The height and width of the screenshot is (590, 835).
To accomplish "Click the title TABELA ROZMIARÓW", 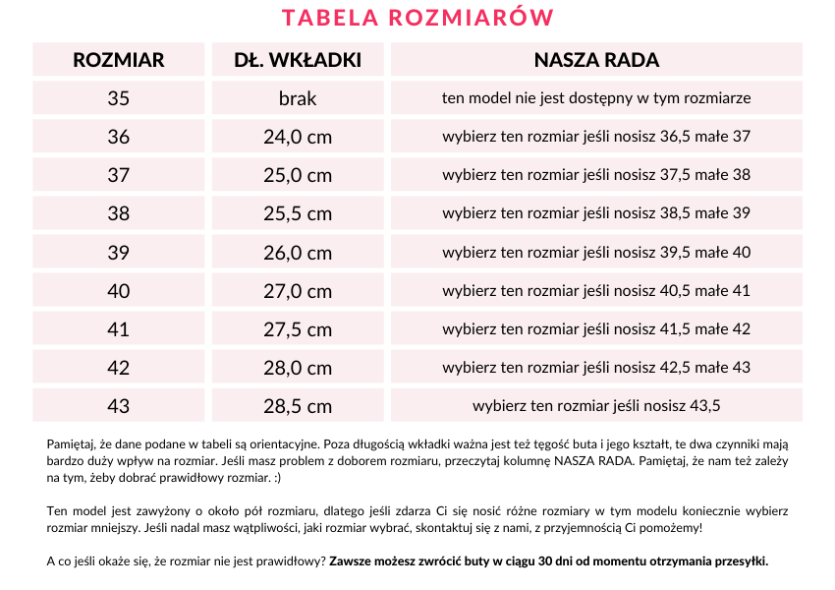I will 417,18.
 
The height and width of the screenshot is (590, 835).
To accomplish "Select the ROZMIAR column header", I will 119,60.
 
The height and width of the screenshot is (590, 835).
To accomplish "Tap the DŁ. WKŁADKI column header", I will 298,60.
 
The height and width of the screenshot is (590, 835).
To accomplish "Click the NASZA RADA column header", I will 596,60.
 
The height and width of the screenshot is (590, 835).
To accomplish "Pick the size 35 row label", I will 119,98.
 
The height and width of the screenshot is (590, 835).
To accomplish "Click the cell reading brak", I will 298,98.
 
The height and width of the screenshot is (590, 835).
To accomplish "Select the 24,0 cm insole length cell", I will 298,137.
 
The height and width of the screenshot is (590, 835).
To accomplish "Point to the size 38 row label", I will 119,213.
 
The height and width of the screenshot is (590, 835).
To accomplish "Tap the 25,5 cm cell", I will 298,213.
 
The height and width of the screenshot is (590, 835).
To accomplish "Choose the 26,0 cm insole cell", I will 298,252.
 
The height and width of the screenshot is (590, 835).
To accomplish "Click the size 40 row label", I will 119,290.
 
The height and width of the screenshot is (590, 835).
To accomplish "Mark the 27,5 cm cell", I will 298,328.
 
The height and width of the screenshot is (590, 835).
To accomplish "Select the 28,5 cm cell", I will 298,405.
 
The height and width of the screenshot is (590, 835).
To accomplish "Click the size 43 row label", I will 119,405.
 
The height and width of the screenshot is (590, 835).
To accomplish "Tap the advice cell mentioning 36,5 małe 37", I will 596,137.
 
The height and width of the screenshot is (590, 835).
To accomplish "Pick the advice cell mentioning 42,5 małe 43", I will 596,367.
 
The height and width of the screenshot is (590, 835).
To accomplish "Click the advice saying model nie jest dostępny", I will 596,98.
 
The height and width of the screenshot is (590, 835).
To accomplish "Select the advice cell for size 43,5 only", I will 596,405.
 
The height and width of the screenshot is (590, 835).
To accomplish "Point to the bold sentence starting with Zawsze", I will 548,561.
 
